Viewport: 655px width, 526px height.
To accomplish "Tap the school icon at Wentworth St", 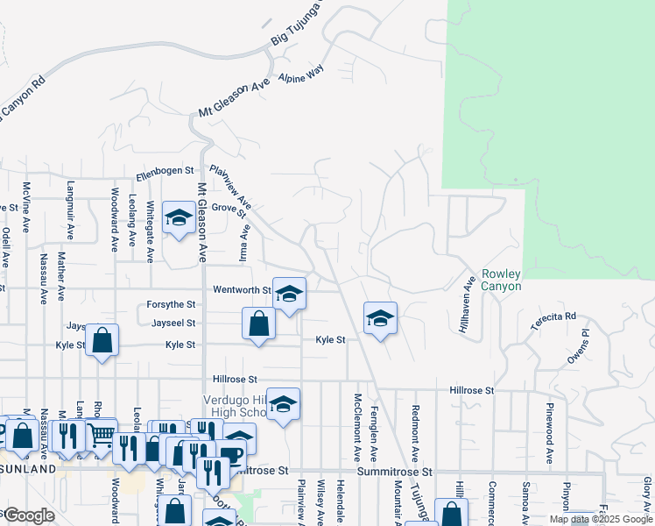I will pyautogui.click(x=289, y=295).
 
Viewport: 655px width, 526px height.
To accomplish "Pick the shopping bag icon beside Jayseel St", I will pyautogui.click(x=259, y=323).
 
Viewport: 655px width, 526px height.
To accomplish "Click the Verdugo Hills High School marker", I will pyautogui.click(x=283, y=404).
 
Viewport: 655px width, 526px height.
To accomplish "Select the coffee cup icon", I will pyautogui.click(x=231, y=454).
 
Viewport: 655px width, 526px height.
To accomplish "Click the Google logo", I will pyautogui.click(x=28, y=515).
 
